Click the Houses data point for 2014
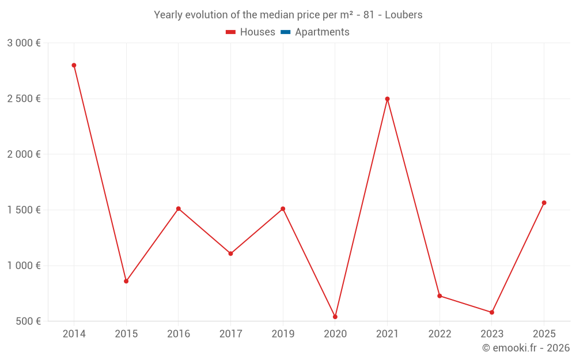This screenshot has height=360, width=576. click(x=74, y=65)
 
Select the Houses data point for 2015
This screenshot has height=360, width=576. click(x=126, y=281)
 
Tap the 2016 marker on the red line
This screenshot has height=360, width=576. click(x=179, y=209)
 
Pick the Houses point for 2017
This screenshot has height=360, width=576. click(x=230, y=253)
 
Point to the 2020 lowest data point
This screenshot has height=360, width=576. click(x=335, y=317)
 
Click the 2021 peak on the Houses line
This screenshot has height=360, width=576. click(x=387, y=98)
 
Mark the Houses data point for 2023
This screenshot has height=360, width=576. click(x=492, y=312)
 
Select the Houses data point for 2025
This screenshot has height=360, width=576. click(x=544, y=203)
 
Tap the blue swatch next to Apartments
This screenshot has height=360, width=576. click(x=286, y=32)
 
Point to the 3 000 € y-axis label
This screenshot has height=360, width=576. click(x=24, y=43)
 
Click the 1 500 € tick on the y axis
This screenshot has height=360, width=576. click(x=24, y=210)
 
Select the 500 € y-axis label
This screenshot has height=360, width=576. click(x=28, y=321)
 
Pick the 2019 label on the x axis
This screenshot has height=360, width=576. click(x=283, y=334)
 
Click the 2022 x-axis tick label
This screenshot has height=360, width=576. click(x=439, y=334)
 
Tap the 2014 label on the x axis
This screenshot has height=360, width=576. click(x=74, y=334)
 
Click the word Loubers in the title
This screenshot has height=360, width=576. click(x=403, y=15)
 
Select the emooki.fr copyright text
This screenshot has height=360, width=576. click(x=526, y=348)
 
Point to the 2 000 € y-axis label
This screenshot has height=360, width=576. click(x=24, y=154)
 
